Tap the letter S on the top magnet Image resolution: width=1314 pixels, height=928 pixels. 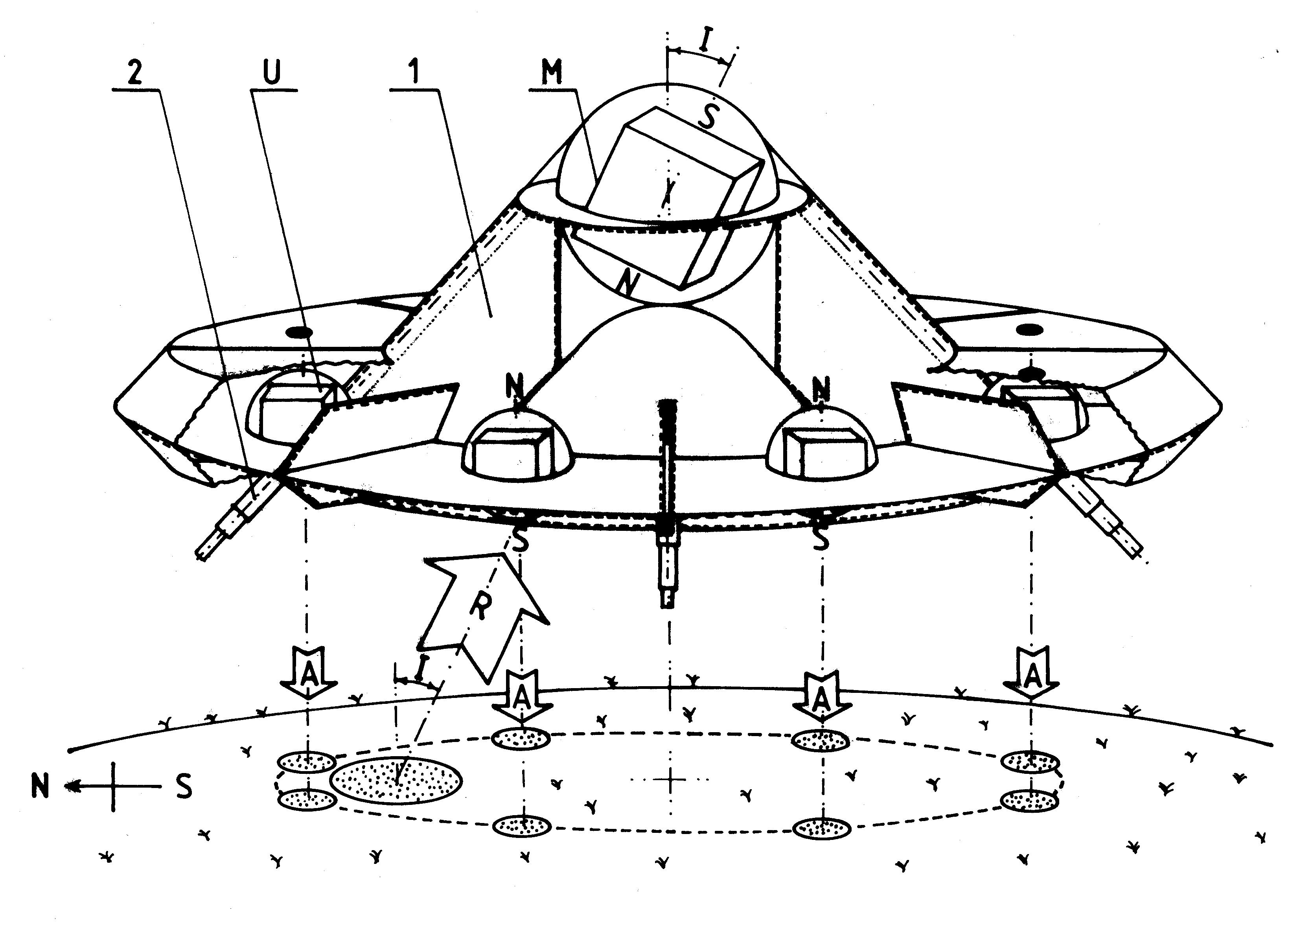pyautogui.click(x=709, y=117)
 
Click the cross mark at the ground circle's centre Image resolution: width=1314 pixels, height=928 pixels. pyautogui.click(x=670, y=779)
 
